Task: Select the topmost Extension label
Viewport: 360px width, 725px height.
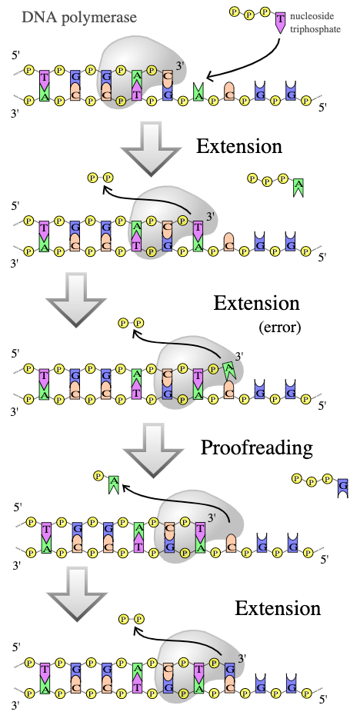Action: [x=238, y=146]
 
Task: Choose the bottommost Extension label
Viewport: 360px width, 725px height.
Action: [x=278, y=608]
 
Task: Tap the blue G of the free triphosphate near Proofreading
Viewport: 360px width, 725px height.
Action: [x=342, y=487]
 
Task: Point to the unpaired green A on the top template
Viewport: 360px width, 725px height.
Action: [x=198, y=91]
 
